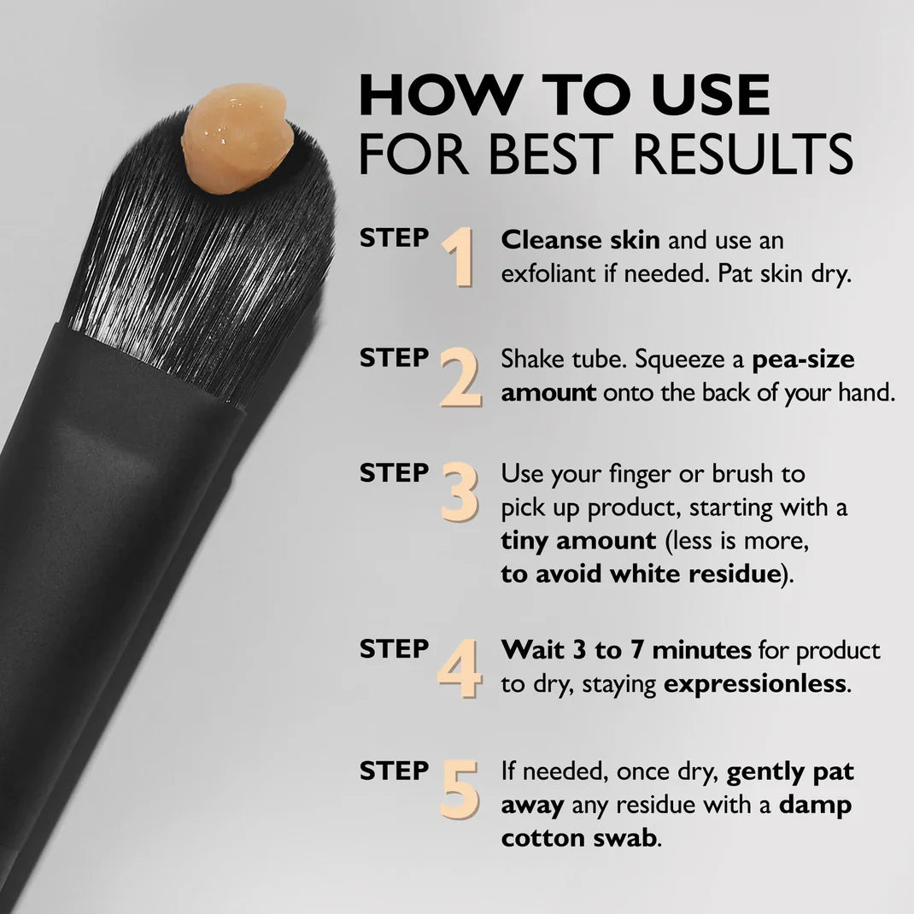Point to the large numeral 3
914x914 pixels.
(x=460, y=492)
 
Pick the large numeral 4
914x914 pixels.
(x=460, y=669)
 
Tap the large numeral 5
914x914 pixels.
(x=460, y=789)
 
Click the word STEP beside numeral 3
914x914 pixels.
(x=394, y=472)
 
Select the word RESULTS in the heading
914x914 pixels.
(x=742, y=154)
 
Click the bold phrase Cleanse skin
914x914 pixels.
(x=580, y=240)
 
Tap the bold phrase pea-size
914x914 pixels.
(x=803, y=359)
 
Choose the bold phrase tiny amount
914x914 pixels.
(x=578, y=541)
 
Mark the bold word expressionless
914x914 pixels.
(x=756, y=684)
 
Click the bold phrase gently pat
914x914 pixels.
(x=790, y=771)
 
